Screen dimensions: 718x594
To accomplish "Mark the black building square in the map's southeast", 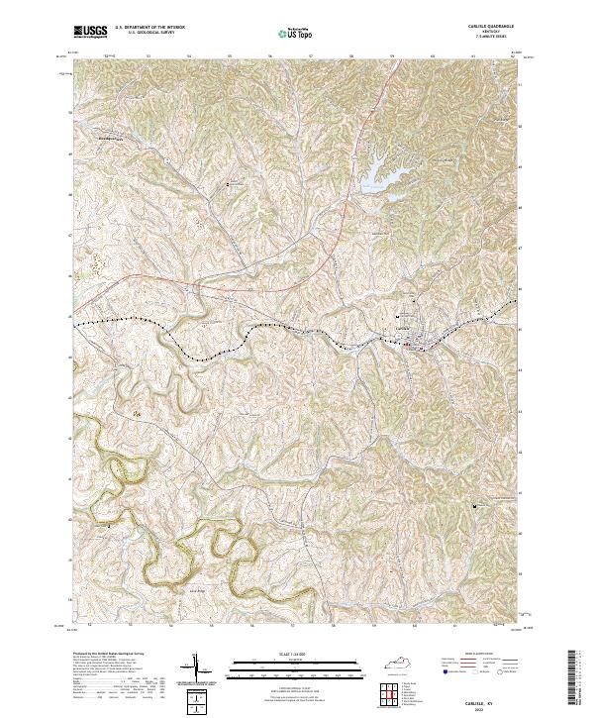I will click(475, 506).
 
